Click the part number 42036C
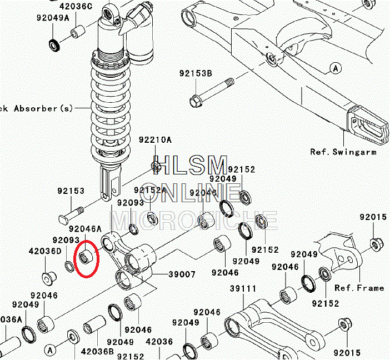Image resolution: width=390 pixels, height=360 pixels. click(x=76, y=7)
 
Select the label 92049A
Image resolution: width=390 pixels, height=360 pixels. click(x=53, y=18)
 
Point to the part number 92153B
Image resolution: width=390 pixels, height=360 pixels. click(x=196, y=73)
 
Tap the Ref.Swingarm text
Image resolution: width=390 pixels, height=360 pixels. click(x=343, y=152)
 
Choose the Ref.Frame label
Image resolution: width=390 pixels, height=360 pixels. click(x=359, y=288)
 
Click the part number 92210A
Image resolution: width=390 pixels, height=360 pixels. click(x=155, y=140)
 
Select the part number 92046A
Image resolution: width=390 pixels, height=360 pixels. click(x=85, y=228)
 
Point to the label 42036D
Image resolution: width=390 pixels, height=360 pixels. click(x=45, y=251)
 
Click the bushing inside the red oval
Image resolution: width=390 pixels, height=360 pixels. click(x=86, y=257)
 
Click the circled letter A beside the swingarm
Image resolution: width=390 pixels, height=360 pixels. click(x=335, y=68)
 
